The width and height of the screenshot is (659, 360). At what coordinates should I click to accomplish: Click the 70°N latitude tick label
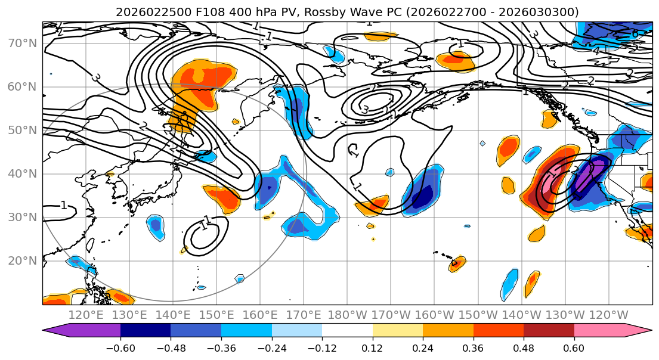(x=21, y=43)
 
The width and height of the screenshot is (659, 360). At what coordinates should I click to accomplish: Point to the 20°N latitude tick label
(x=21, y=260)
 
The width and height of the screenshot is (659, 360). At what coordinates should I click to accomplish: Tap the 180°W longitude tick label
(x=347, y=315)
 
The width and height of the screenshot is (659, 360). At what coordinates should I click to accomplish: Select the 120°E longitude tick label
(x=86, y=315)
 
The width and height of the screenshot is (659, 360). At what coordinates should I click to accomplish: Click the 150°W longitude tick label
(x=478, y=315)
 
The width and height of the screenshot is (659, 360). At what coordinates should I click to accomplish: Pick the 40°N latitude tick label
(x=21, y=173)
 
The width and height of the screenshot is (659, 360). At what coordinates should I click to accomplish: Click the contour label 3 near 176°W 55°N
(x=365, y=109)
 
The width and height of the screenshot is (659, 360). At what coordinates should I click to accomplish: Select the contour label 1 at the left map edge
(x=63, y=206)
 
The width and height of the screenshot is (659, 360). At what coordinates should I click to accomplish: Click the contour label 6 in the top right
(x=635, y=35)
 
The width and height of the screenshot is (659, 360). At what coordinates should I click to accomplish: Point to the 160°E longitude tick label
(x=260, y=315)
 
